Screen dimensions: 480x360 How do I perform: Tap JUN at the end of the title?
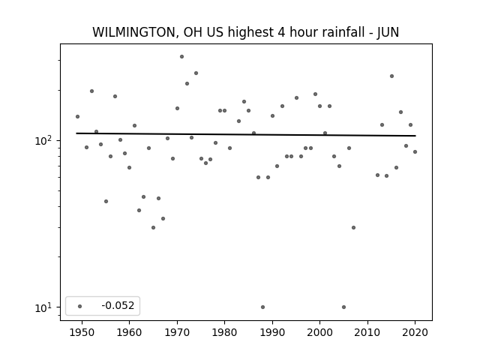click(x=388, y=32)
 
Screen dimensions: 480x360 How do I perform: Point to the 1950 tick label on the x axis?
click(x=82, y=332)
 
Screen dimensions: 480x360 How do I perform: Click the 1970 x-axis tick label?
click(x=177, y=332)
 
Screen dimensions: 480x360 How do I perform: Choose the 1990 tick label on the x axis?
click(x=272, y=332)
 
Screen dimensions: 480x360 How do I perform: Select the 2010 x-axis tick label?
click(x=367, y=332)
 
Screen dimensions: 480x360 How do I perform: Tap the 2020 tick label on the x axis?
click(x=415, y=332)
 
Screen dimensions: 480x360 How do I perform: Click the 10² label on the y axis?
click(x=44, y=140)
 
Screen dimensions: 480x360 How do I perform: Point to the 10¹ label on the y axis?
click(x=44, y=307)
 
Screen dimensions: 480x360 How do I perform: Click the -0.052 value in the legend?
click(x=118, y=305)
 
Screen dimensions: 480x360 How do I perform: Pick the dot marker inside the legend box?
click(x=80, y=306)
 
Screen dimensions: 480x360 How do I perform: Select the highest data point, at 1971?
click(x=181, y=57)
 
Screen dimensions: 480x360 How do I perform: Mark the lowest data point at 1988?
click(x=262, y=307)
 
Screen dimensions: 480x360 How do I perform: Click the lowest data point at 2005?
click(x=343, y=307)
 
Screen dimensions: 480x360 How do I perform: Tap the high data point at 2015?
click(x=391, y=76)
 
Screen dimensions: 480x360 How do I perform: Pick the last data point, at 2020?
click(x=415, y=151)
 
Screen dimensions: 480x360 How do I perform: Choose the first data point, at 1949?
click(x=77, y=117)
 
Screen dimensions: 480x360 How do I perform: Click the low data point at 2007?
click(x=353, y=228)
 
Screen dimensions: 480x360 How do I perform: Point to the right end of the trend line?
click(x=415, y=136)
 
